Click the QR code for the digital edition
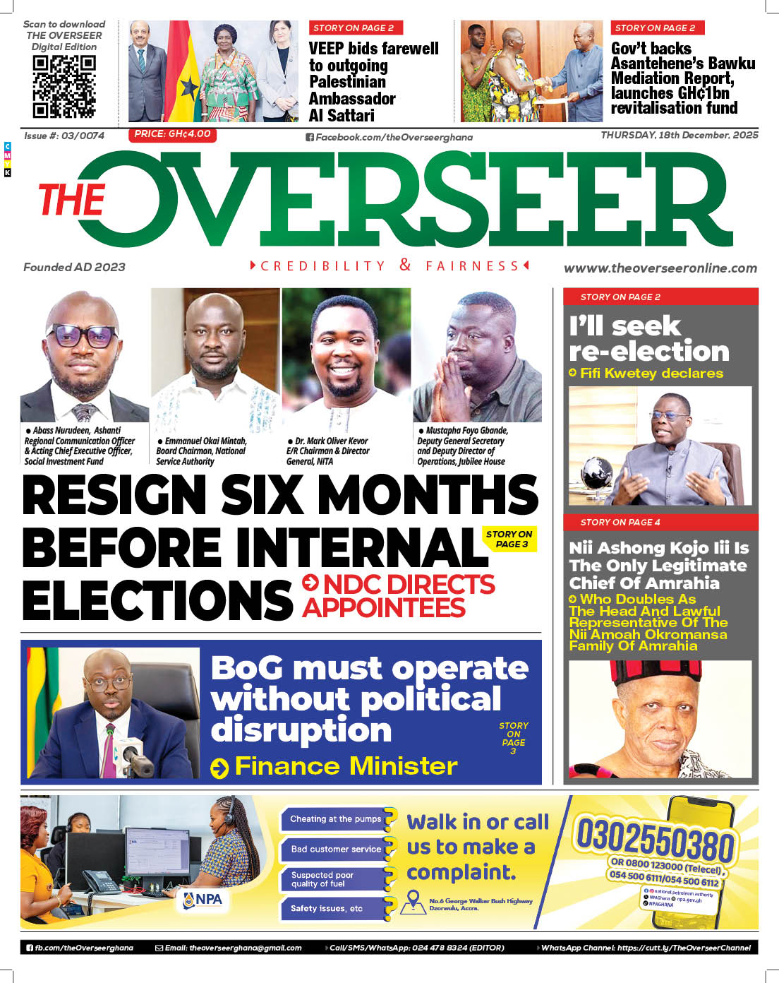point(64,85)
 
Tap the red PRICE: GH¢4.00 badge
point(172,134)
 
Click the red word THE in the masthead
point(72,200)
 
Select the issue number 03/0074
point(83,136)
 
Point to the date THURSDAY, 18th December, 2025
point(679,135)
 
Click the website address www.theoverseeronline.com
point(660,268)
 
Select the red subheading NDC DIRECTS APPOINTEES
point(399,596)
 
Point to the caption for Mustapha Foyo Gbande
point(462,446)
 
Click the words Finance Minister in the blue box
point(346,766)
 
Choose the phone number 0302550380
point(655,838)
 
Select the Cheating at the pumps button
point(335,819)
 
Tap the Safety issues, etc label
point(327,908)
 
